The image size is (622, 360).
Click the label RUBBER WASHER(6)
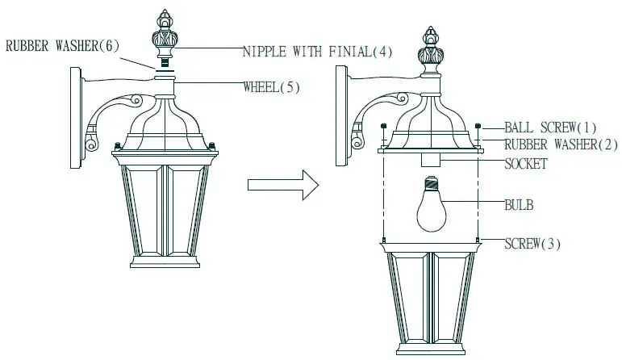[x=62, y=46]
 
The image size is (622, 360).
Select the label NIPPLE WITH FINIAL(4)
[x=318, y=52]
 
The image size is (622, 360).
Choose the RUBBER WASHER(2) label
[x=561, y=145]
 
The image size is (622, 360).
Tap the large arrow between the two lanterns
[x=278, y=184]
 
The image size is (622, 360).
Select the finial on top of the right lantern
[x=431, y=50]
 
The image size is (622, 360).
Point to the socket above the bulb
[x=431, y=158]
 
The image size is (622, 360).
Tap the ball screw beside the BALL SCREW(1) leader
[x=479, y=127]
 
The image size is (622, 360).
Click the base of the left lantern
[x=163, y=263]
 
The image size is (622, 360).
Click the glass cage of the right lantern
[x=431, y=299]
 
